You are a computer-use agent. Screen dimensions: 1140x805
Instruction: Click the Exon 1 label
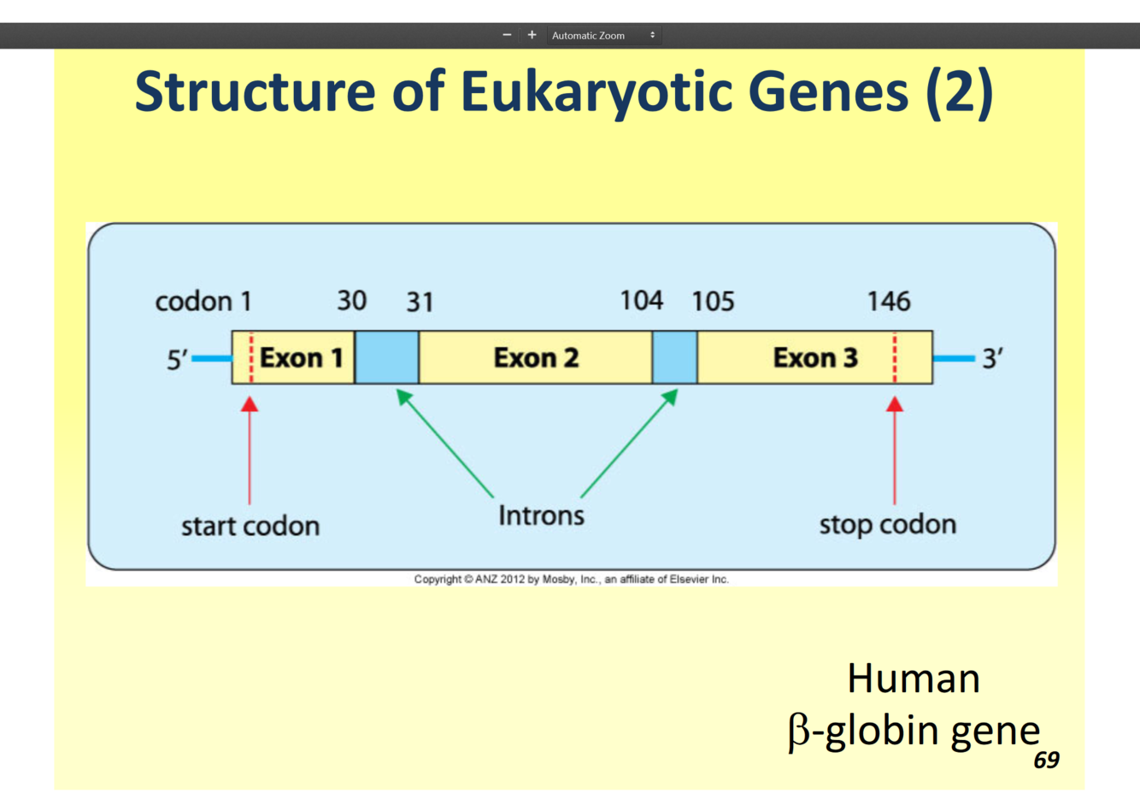click(x=301, y=357)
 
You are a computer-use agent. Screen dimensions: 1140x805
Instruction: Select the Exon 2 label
click(x=536, y=357)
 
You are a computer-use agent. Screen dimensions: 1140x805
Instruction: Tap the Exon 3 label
click(x=814, y=357)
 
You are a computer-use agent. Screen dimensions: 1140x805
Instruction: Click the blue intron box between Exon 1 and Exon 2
click(x=386, y=357)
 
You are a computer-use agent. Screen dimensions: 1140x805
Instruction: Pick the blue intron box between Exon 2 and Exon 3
click(x=674, y=357)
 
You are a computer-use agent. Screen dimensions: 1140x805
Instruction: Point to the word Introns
click(x=541, y=515)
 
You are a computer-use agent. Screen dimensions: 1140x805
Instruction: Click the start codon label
click(x=250, y=526)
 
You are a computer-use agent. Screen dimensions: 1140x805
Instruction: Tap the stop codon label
click(x=887, y=524)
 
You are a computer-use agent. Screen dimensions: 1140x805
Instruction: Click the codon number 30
click(x=351, y=301)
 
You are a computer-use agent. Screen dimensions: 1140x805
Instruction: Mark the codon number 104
click(x=641, y=301)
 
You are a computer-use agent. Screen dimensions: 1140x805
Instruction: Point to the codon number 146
click(x=889, y=301)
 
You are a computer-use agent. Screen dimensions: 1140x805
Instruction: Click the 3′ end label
click(x=992, y=358)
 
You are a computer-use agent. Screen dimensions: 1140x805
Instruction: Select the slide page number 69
click(x=1046, y=760)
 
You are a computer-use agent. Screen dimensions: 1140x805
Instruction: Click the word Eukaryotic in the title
click(x=596, y=91)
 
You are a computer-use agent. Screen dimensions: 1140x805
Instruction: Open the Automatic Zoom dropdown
click(x=603, y=35)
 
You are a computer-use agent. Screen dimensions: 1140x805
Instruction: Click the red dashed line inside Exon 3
click(x=895, y=357)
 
